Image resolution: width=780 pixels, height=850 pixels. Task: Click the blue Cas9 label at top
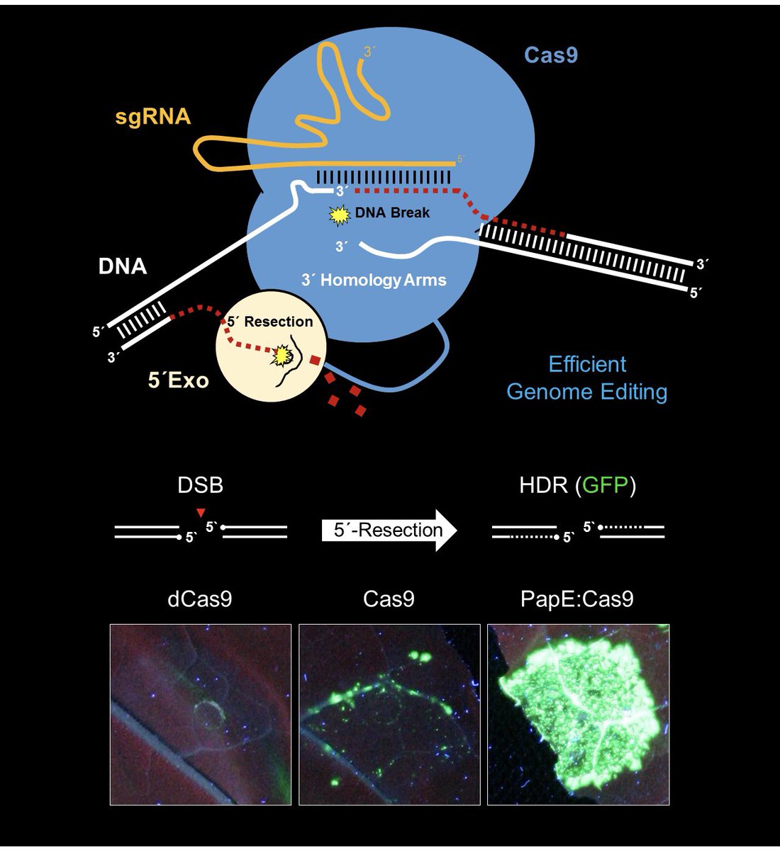tap(550, 55)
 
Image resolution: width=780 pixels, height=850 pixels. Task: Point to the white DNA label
tap(123, 266)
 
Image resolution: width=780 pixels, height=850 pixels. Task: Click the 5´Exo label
tap(178, 380)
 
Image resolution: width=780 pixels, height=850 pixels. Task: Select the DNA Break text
tap(392, 212)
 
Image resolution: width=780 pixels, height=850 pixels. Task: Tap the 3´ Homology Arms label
tap(374, 280)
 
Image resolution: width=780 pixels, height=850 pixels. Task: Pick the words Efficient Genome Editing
tap(587, 378)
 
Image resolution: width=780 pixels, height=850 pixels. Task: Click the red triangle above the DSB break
tap(201, 511)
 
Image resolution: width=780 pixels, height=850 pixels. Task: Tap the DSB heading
tap(201, 485)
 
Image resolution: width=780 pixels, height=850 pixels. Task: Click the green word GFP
tap(606, 485)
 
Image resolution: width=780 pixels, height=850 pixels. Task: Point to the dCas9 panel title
tap(200, 599)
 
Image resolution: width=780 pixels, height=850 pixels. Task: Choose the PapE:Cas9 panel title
tap(577, 599)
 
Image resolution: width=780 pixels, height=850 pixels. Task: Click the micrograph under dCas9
tap(201, 714)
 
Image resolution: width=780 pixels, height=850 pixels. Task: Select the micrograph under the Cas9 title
tap(389, 714)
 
